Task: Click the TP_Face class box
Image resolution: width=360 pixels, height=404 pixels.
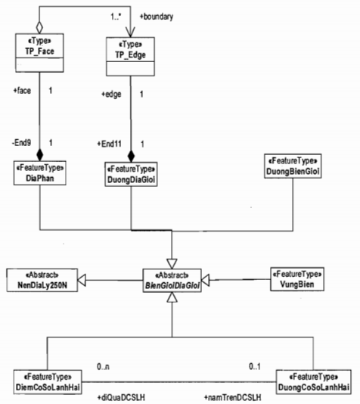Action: (39, 52)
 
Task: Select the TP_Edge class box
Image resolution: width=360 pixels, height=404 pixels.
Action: (130, 57)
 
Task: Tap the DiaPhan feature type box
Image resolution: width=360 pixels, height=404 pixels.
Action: (40, 173)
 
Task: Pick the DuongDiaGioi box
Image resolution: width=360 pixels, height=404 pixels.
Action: (131, 174)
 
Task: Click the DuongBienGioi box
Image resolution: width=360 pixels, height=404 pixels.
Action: (293, 166)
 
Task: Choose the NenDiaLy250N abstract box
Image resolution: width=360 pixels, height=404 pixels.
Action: (42, 280)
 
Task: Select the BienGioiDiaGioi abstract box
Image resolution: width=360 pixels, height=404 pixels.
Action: (172, 281)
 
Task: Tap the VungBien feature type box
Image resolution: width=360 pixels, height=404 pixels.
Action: (297, 279)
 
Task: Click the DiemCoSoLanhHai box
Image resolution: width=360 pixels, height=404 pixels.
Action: (48, 382)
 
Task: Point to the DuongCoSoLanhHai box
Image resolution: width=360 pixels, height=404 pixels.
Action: (313, 382)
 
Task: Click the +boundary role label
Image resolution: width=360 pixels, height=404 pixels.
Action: (157, 17)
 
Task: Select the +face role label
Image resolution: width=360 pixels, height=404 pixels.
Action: (22, 91)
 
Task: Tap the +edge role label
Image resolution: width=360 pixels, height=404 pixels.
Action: (111, 95)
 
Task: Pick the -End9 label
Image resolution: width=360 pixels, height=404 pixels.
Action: (22, 142)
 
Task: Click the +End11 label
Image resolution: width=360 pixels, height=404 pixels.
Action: (109, 144)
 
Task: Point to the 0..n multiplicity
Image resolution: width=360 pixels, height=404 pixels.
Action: (103, 366)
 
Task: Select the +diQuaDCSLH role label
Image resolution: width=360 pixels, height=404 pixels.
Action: (121, 397)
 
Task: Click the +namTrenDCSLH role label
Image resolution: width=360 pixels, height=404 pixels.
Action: (232, 397)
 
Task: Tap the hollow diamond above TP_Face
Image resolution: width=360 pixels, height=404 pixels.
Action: (39, 27)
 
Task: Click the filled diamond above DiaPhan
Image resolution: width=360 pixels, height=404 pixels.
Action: (39, 155)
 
